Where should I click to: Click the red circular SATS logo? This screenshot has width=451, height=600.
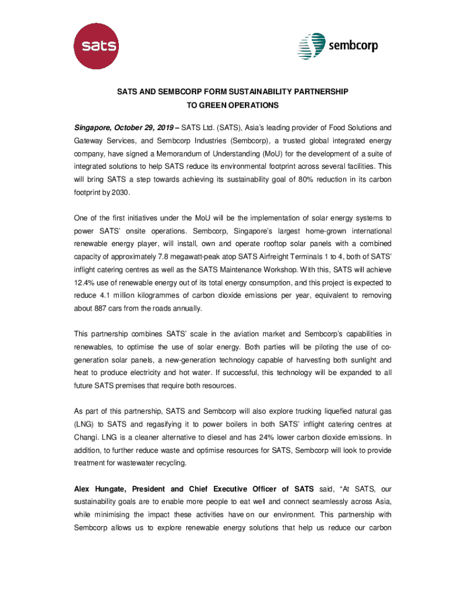95,45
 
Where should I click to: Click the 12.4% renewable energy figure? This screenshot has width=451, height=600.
85,282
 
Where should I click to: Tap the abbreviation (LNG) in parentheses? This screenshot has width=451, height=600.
85,424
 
